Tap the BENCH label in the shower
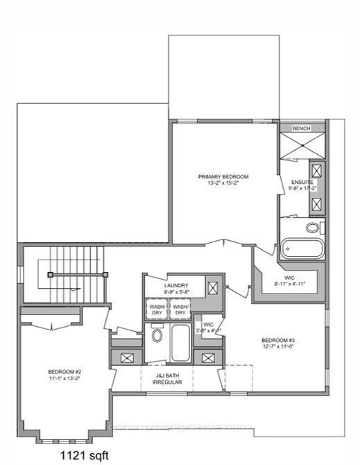(301, 129)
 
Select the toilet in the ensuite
(314, 227)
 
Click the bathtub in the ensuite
(302, 248)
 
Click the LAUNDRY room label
(176, 288)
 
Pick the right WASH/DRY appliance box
(180, 309)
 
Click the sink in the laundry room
(214, 286)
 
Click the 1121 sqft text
(82, 455)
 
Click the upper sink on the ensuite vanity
(316, 171)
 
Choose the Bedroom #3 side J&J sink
(207, 359)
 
